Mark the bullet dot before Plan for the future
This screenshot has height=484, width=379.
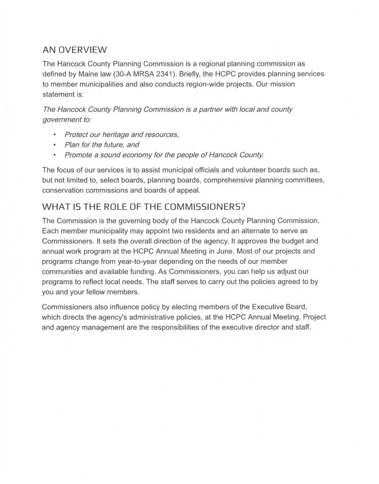(55, 145)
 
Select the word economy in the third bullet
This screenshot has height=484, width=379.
(150, 155)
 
